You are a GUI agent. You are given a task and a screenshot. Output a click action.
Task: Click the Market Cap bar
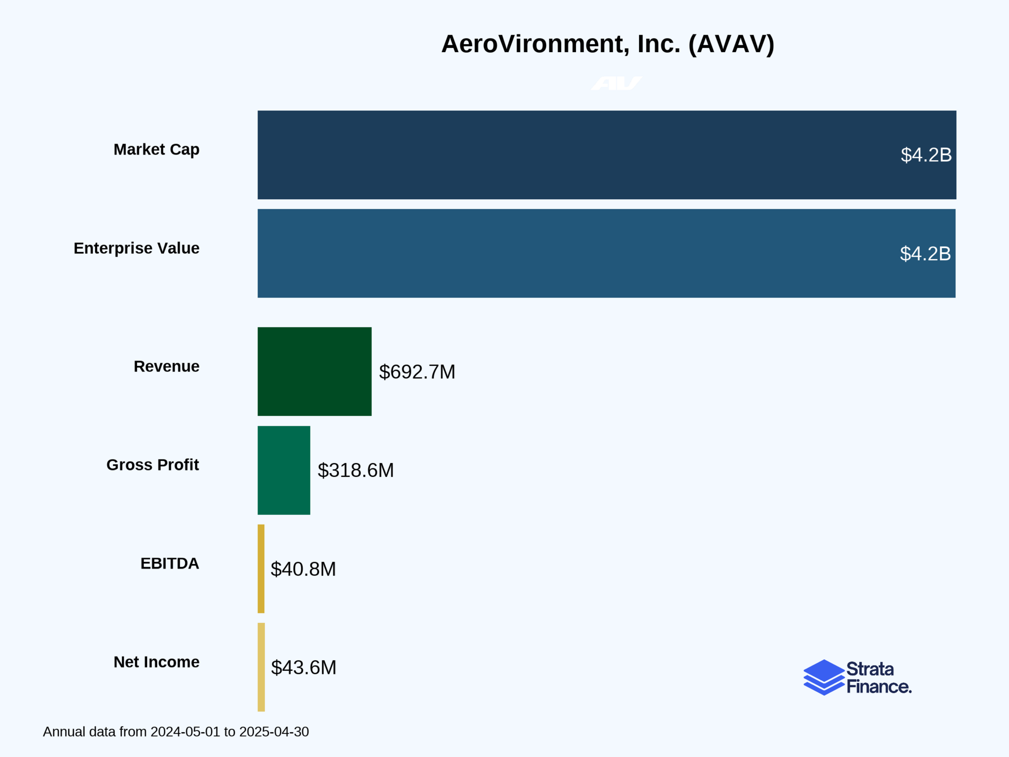(578, 155)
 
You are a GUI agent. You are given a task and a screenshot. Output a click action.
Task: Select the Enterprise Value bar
(578, 253)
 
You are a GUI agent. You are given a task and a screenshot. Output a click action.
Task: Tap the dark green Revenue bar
(314, 371)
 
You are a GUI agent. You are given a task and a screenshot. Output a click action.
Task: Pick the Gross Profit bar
(284, 470)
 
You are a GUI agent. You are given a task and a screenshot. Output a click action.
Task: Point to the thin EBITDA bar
(261, 568)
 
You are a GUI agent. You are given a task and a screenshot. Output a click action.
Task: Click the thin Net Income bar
(261, 667)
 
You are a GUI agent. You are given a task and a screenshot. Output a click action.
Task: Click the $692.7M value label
(417, 372)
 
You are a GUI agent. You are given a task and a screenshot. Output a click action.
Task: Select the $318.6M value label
(355, 470)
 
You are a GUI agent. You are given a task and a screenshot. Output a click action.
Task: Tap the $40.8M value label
(303, 569)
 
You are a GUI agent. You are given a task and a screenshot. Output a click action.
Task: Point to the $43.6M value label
(303, 667)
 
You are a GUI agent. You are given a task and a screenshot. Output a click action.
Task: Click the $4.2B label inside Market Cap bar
(926, 155)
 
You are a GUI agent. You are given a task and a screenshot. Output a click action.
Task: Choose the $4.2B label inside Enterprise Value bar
(925, 254)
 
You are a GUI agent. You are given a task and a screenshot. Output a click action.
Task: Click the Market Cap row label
(156, 149)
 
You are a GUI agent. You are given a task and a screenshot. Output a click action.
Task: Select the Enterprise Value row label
(136, 248)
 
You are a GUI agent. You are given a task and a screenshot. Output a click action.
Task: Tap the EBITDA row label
(169, 563)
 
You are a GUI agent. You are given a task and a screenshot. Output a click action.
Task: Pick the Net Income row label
(156, 662)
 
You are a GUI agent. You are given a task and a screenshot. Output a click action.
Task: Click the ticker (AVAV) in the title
(731, 44)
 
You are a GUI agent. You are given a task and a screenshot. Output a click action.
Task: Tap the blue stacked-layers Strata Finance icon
(823, 677)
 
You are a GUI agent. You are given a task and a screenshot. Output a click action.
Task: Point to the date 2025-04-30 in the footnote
(274, 732)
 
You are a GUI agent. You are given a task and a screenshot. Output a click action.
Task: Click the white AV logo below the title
(616, 84)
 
